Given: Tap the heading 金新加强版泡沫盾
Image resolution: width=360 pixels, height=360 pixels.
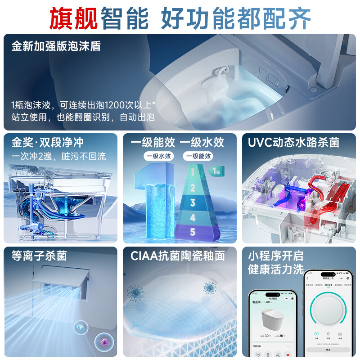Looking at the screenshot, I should (x=56, y=46).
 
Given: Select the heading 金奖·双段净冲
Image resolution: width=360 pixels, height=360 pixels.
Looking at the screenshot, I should (x=48, y=143).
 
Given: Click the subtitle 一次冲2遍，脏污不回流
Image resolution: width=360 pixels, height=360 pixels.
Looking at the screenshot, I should (x=58, y=157).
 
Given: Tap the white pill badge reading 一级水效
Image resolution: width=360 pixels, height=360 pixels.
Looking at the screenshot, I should (x=157, y=156).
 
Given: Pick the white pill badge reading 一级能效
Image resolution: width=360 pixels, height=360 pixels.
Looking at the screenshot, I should (x=198, y=156).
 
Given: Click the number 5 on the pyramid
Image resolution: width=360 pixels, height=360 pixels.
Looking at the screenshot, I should (x=192, y=232).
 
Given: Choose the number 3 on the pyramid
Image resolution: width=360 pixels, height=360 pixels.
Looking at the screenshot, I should (x=192, y=202).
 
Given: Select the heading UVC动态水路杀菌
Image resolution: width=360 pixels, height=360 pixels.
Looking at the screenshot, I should (x=293, y=143).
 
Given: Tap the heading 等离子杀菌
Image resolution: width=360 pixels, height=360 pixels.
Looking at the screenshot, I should (x=39, y=256).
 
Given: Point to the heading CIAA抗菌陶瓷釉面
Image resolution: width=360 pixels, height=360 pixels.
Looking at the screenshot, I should (x=177, y=256).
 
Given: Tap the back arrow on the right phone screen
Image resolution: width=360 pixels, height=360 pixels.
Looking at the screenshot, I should (x=307, y=279).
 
